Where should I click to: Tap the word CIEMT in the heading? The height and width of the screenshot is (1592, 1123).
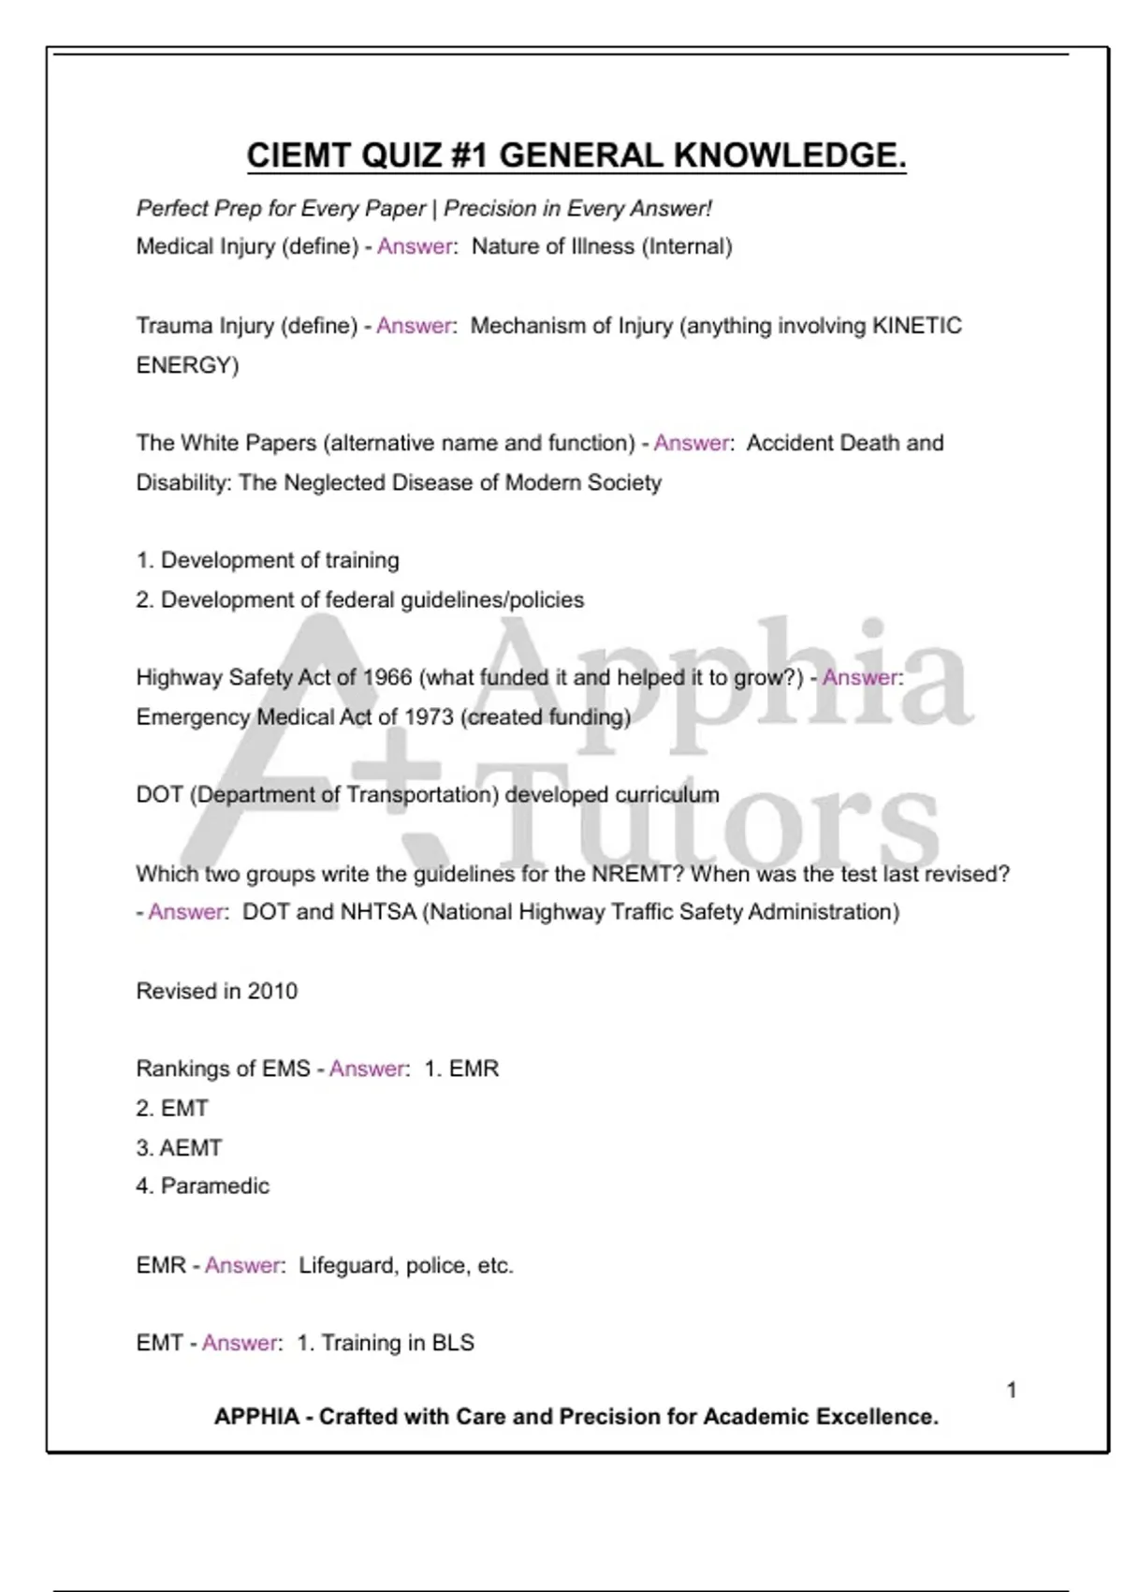click(x=299, y=155)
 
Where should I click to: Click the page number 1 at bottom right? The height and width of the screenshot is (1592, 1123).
click(x=1012, y=1390)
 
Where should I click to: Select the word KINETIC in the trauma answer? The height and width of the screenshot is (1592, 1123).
click(x=916, y=326)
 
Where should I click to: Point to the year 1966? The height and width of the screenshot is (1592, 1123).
click(x=386, y=677)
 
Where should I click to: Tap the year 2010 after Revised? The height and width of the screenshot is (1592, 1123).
click(x=272, y=991)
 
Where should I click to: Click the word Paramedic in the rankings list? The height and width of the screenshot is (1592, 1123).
click(x=215, y=1187)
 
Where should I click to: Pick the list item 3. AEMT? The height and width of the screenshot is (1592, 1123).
click(x=180, y=1147)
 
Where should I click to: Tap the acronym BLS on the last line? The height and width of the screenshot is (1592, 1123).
click(x=453, y=1343)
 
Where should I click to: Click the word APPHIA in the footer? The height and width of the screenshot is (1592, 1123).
click(x=256, y=1417)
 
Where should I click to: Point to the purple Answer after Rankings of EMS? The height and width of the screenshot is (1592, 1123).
click(x=367, y=1069)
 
